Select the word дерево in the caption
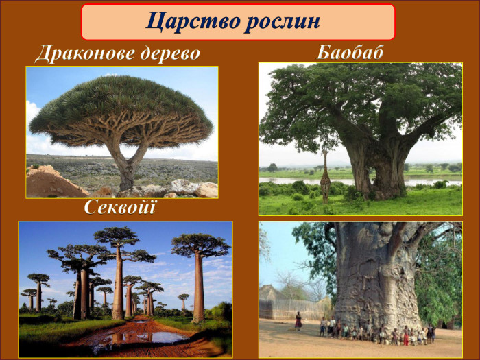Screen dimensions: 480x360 pos(170,54)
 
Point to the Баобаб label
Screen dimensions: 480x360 pos(350,52)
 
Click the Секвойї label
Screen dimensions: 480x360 pos(120,207)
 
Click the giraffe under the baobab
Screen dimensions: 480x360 pos(325,176)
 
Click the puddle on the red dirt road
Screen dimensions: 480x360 pos(147,337)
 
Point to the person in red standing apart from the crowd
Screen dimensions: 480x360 pos(298,321)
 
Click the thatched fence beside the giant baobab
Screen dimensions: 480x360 pos(294,309)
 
